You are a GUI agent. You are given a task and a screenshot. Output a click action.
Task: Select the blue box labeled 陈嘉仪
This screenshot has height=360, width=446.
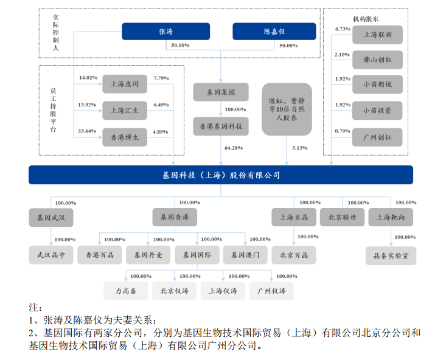[x=274, y=32]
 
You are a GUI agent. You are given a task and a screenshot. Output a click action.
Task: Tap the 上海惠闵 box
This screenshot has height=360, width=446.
[x=124, y=84]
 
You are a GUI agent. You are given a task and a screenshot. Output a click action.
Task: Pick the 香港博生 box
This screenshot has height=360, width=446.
[x=124, y=137]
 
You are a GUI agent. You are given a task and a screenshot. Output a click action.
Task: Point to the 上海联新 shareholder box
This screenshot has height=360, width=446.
[x=377, y=35]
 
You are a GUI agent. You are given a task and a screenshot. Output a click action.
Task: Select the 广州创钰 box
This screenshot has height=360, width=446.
[x=377, y=137]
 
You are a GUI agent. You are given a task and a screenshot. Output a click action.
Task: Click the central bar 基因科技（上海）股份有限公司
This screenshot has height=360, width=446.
[x=220, y=175]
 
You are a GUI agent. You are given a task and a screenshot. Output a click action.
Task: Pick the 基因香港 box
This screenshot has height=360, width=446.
[x=175, y=217]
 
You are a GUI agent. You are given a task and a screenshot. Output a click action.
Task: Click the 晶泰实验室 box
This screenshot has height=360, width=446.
[x=391, y=255]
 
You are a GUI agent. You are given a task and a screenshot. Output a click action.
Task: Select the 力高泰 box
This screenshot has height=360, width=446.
[x=126, y=291]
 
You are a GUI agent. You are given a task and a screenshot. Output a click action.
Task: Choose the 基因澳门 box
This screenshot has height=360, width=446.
[x=245, y=255]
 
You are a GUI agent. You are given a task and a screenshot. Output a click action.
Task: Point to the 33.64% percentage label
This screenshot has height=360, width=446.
[x=88, y=131]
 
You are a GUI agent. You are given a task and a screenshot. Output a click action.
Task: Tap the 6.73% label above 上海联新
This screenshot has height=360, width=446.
[x=343, y=29]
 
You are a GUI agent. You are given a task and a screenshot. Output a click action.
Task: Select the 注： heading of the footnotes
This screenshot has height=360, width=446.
[x=37, y=307]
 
